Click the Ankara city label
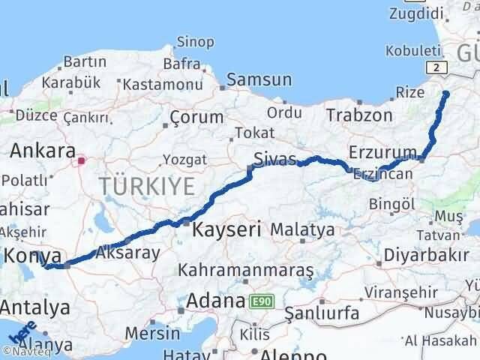coord(42,151)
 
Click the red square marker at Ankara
coord(82,159)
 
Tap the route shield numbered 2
coord(439,67)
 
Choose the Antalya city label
coord(35,307)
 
